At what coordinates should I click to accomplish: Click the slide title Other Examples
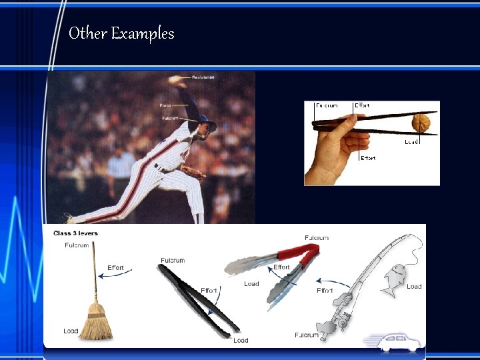point(121,33)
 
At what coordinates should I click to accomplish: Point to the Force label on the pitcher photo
point(165,105)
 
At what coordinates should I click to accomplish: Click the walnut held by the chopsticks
point(421,123)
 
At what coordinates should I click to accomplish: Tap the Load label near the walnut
point(412,142)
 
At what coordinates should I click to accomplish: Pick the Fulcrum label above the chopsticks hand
point(327,105)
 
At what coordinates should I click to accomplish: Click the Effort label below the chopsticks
point(368,158)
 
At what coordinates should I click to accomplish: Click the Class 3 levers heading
point(75,233)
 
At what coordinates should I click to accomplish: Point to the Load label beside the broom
point(71,331)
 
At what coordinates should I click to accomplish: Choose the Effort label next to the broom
point(115,268)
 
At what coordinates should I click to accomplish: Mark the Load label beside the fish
point(414,287)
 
